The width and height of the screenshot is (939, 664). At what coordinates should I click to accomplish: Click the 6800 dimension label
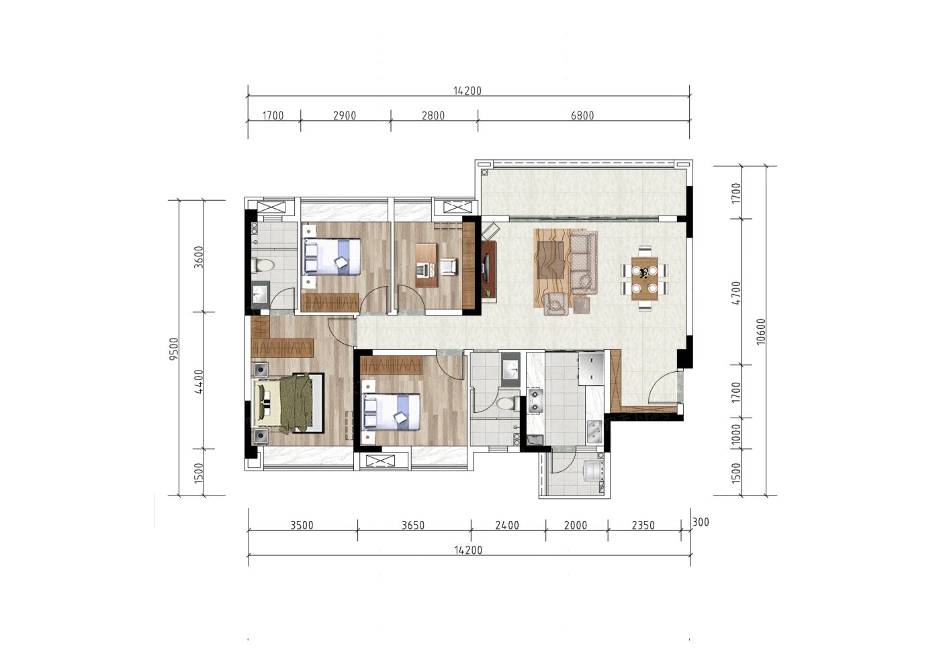(582, 115)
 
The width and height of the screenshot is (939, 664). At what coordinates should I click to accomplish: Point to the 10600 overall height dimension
(761, 332)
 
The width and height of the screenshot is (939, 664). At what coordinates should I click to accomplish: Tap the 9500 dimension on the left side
(173, 348)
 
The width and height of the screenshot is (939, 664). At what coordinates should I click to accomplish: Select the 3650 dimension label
(413, 525)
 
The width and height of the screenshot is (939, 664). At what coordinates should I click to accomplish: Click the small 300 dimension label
(701, 522)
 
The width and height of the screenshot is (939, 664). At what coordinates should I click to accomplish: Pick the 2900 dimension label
(345, 115)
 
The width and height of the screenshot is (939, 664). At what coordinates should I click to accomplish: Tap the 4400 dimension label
(198, 381)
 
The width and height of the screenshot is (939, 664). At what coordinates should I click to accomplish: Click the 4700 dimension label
(735, 293)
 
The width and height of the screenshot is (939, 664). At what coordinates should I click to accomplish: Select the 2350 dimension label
(643, 525)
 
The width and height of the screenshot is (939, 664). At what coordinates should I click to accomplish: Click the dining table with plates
(645, 279)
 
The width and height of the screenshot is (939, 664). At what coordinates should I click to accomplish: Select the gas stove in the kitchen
(535, 401)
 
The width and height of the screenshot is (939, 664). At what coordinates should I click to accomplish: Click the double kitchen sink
(594, 432)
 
